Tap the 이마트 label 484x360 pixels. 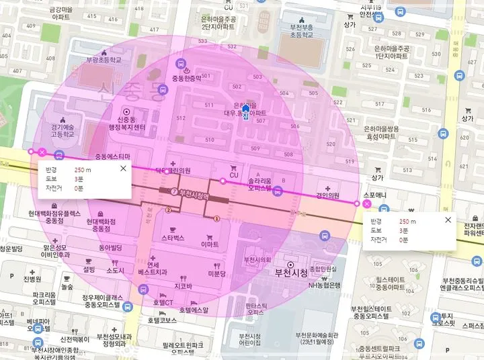coord(211,246)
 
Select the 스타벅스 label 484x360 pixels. coord(173,238)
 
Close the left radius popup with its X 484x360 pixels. coord(122,169)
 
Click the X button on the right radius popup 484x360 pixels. coord(448,220)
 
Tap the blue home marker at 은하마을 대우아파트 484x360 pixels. coord(245,109)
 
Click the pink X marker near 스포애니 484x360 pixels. coord(366,203)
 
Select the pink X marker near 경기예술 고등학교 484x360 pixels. coord(42,152)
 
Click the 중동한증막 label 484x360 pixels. coord(186,78)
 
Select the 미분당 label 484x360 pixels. coord(216,274)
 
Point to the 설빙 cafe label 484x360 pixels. coord(89,269)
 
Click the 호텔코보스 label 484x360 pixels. coord(162,320)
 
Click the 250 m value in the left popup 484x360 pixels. coord(83,170)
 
